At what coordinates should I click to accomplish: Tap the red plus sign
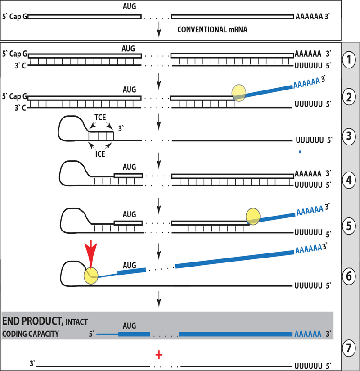click(x=158, y=355)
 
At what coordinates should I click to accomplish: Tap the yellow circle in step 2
click(x=239, y=92)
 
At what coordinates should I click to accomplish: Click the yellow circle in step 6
click(x=91, y=276)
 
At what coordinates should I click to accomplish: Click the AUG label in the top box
click(x=129, y=7)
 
